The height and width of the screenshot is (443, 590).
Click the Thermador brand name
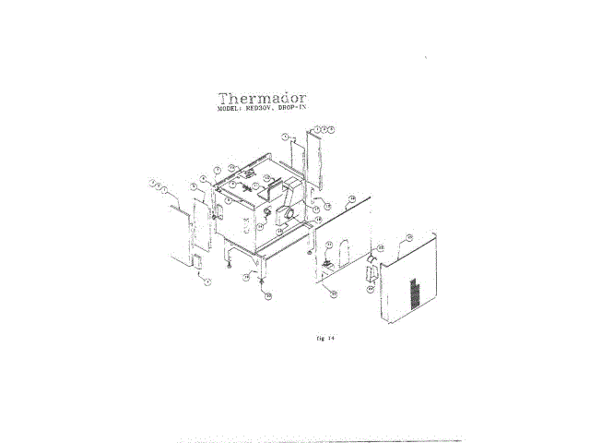pos(263,98)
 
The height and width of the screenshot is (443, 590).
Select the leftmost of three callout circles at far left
pos(150,182)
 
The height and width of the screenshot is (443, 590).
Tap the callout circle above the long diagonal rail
pos(352,198)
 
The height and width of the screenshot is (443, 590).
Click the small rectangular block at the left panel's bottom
pos(196,260)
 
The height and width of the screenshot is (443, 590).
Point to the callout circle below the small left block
pos(208,281)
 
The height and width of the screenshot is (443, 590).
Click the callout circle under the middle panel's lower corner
pos(334,293)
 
